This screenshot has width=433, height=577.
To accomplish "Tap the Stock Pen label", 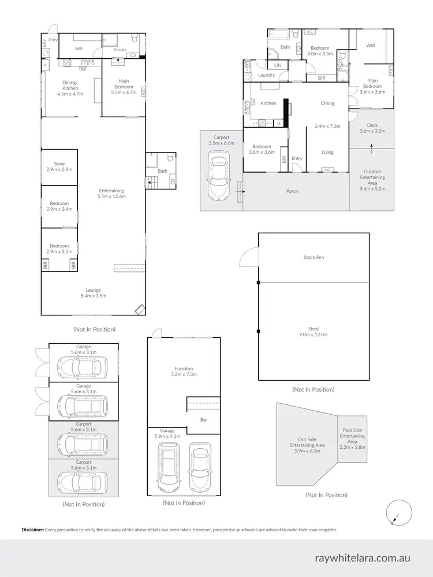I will [x=313, y=257].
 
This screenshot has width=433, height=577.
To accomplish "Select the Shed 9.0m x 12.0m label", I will [x=313, y=331].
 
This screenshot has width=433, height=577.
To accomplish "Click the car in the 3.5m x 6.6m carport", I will [x=219, y=176].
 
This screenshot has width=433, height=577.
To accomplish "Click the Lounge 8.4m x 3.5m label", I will [x=92, y=292].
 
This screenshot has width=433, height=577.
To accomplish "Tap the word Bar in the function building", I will [x=203, y=419].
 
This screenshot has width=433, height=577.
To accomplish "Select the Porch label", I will [x=292, y=191].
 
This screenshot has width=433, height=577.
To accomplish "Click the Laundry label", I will [x=266, y=75].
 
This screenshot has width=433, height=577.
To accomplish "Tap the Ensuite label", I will [x=120, y=50].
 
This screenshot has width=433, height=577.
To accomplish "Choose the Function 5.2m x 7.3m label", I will [x=184, y=371].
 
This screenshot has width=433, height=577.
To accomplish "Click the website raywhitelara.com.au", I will [x=363, y=558].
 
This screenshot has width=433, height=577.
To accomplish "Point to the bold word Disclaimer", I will [x=32, y=530].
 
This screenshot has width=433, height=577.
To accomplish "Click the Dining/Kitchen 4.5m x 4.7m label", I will [x=70, y=90].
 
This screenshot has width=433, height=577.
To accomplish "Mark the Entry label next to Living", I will [x=297, y=158].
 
